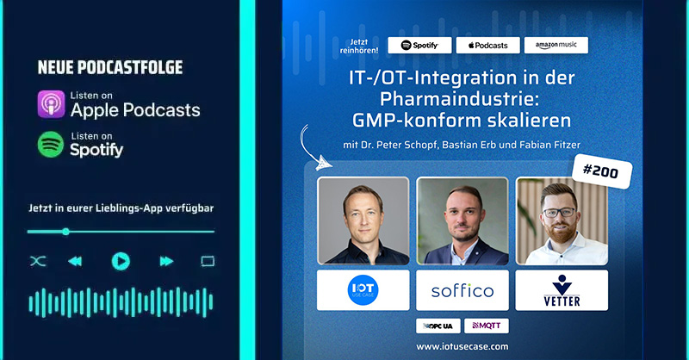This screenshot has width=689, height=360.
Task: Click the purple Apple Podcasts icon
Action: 51,103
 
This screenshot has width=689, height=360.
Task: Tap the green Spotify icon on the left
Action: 51,144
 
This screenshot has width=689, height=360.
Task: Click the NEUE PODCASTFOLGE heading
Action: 110,67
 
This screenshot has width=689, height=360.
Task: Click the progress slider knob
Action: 65,231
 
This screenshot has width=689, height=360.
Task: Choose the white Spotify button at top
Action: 419,45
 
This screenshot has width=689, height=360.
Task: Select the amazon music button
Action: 557,45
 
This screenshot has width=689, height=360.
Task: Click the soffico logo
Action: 462,291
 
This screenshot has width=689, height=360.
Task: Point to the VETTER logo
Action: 562,291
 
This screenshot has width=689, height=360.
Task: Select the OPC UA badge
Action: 438,326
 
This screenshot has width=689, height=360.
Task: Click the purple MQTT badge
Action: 487,326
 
